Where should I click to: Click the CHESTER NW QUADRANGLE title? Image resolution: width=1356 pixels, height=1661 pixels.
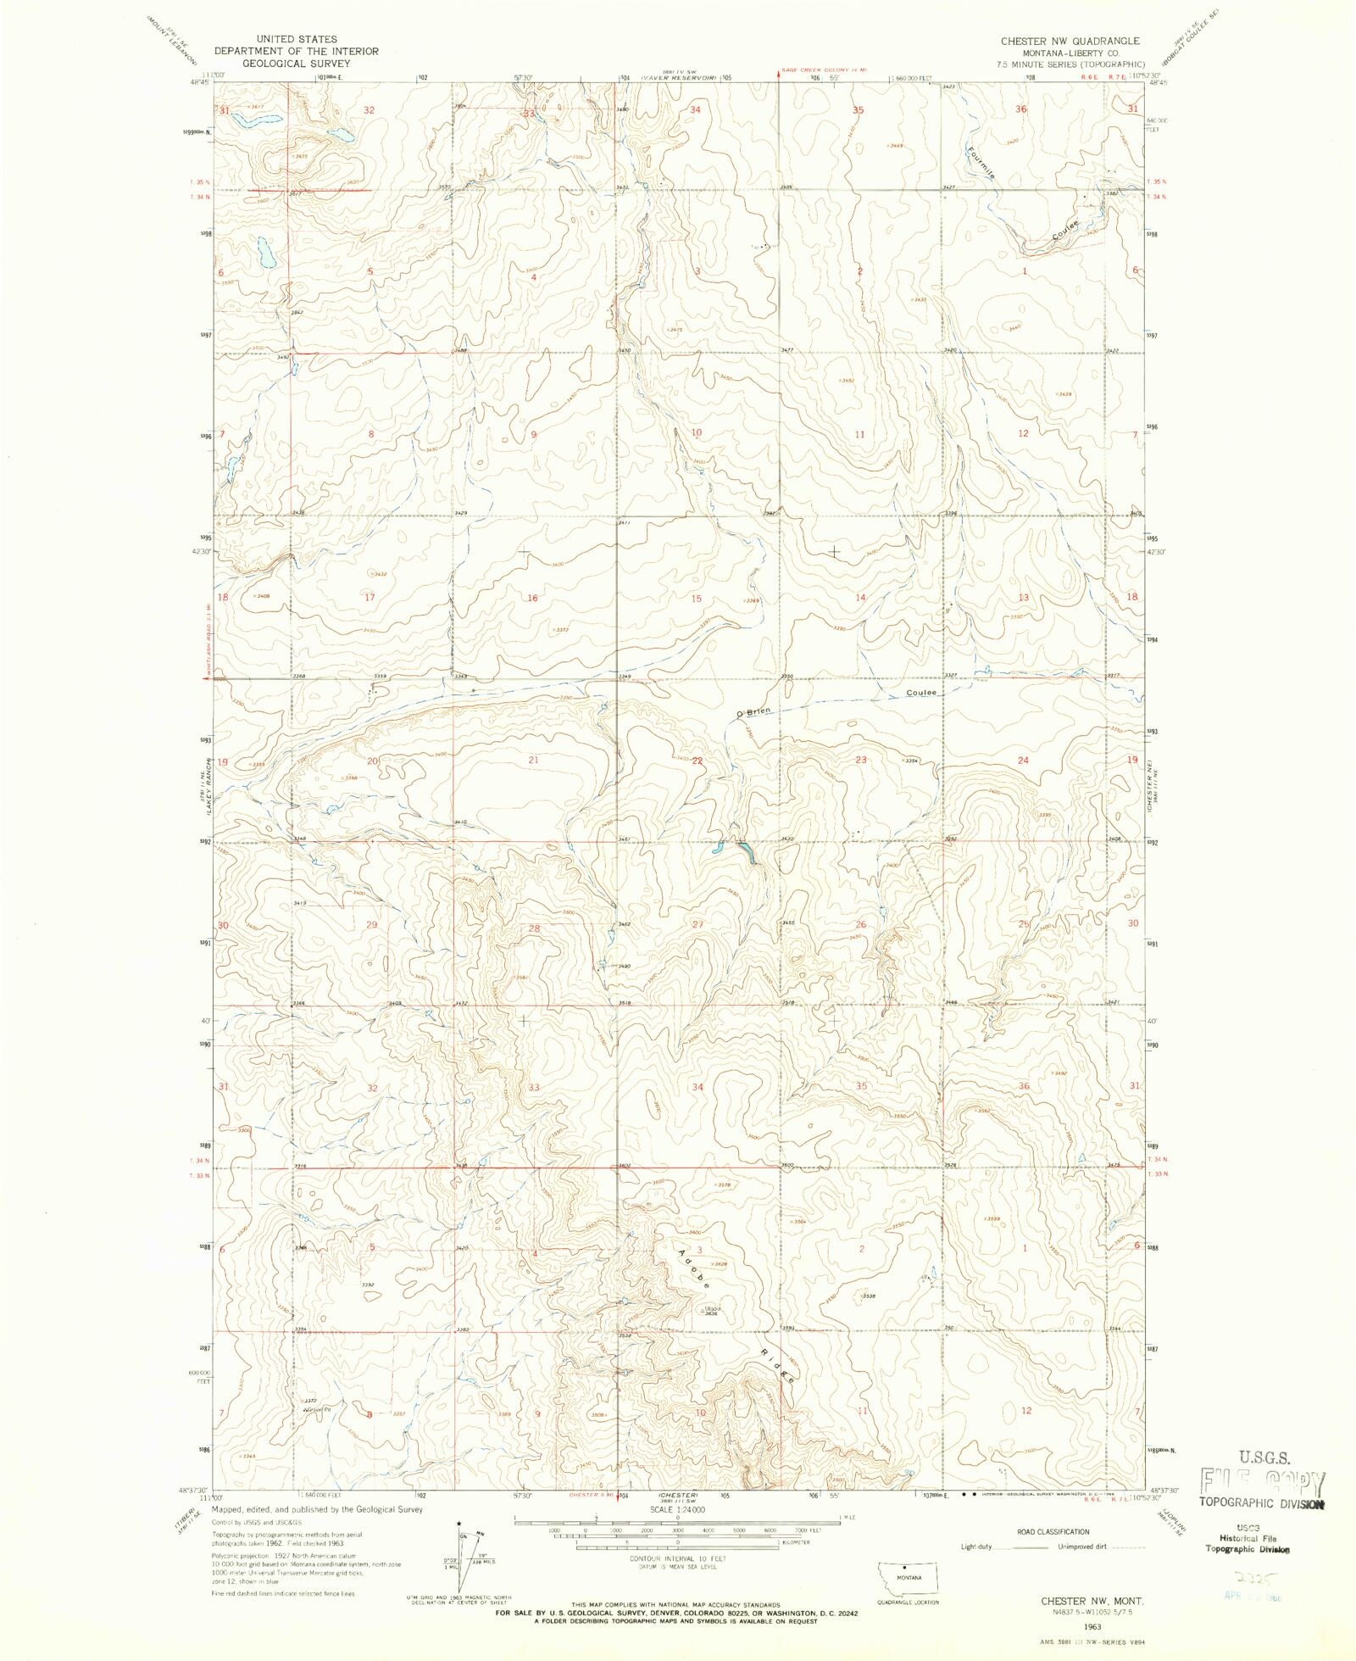click(x=1070, y=41)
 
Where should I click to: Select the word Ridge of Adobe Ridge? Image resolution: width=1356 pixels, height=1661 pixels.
click(x=777, y=1364)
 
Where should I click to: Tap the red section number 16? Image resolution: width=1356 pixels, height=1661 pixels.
click(x=532, y=599)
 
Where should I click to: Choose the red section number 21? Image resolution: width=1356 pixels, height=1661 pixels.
click(x=533, y=760)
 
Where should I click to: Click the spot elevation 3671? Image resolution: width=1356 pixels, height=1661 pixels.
click(x=298, y=156)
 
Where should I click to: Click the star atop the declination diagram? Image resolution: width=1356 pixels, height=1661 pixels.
click(x=458, y=1523)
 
